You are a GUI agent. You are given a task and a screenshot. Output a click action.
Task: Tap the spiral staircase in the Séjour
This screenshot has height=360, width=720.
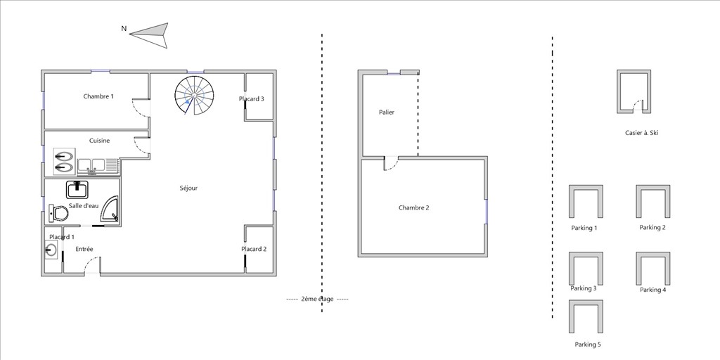194,96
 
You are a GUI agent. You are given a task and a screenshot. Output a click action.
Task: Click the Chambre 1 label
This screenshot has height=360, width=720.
98,96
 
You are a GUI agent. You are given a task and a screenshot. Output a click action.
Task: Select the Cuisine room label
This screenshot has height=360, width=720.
100,141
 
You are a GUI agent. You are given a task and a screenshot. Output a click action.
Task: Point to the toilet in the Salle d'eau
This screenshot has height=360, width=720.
58,213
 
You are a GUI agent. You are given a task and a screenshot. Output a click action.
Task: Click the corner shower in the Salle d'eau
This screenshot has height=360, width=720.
110,209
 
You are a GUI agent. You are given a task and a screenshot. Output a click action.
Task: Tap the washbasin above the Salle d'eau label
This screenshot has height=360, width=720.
77,189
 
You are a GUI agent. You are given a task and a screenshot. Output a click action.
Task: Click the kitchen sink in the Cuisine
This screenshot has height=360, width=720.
91,166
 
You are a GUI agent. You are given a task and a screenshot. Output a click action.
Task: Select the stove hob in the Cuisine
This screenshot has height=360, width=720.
63,162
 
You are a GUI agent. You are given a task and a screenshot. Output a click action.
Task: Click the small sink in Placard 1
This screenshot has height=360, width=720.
51,250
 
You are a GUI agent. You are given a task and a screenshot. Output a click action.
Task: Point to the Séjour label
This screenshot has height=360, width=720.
188,188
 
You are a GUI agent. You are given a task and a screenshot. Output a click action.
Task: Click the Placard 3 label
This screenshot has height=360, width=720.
252,98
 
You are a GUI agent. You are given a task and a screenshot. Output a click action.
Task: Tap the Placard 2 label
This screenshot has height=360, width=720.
254,250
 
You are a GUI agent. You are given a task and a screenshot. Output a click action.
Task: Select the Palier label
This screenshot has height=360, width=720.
387,112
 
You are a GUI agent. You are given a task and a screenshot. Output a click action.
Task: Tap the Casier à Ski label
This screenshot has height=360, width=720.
642,133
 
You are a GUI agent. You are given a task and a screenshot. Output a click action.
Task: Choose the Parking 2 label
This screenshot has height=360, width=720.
652,227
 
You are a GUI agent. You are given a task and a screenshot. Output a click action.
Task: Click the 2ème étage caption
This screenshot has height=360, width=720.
317,300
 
